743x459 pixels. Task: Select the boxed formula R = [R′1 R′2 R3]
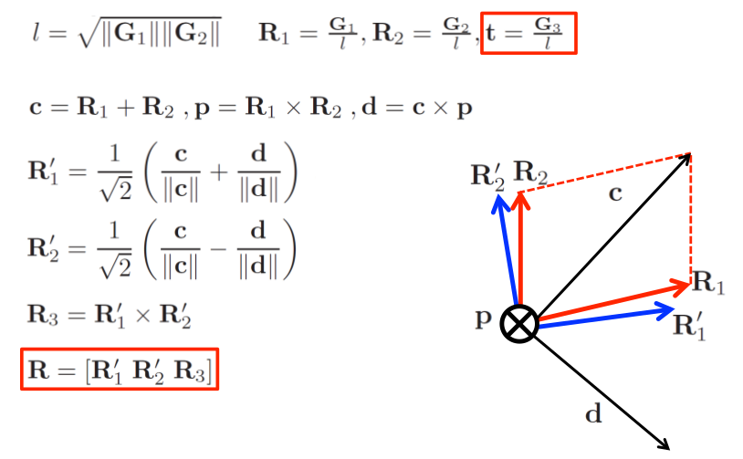click(120, 369)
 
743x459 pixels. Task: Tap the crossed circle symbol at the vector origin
click(519, 324)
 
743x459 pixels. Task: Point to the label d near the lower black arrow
click(593, 415)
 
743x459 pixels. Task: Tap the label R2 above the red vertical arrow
click(530, 171)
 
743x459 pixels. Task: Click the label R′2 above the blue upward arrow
click(487, 174)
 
